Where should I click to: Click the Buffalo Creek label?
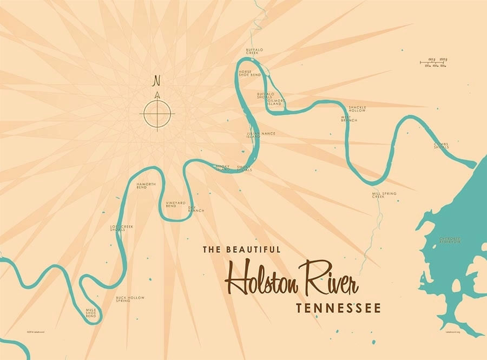[x=254, y=51]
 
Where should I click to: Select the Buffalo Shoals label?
[x=265, y=95]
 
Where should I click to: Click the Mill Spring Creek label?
[x=384, y=195]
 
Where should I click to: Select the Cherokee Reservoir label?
[x=450, y=240]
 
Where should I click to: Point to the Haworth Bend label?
[x=146, y=186]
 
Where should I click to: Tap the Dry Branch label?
[x=196, y=208]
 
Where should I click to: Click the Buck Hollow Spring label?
[x=130, y=299]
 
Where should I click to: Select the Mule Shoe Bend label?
[x=91, y=312]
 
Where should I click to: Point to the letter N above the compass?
[x=157, y=81]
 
